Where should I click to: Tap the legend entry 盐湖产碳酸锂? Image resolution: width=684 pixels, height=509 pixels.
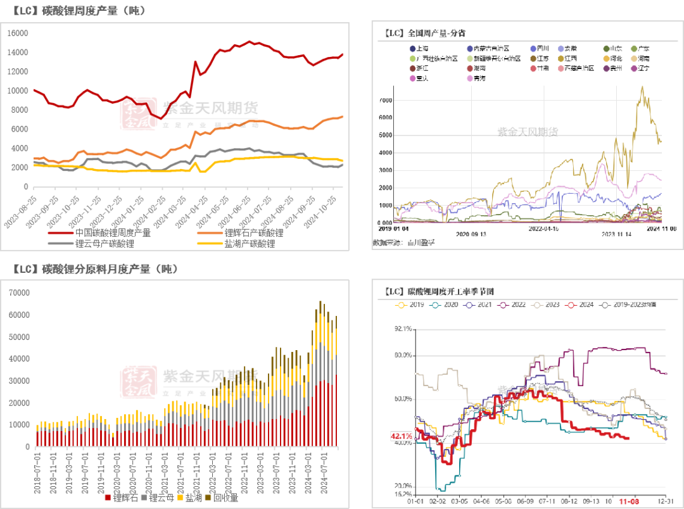(250, 243)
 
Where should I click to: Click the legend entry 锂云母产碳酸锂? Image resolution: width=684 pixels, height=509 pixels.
(104, 243)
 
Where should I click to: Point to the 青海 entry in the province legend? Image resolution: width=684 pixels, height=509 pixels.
(479, 79)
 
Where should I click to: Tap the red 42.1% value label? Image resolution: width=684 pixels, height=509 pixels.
(400, 436)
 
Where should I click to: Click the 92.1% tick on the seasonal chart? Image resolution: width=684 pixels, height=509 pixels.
(402, 329)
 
